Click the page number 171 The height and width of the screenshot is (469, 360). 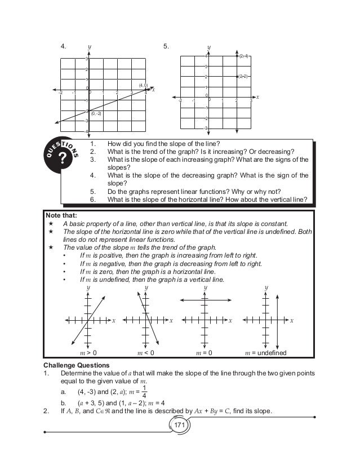tap(180, 424)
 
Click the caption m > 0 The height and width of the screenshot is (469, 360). tap(88, 353)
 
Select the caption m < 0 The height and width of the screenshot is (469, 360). tap(146, 353)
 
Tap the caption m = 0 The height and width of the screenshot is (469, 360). tap(203, 353)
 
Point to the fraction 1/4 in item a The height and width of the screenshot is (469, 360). tap(145, 391)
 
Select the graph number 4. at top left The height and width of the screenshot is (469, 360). tap(64, 46)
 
